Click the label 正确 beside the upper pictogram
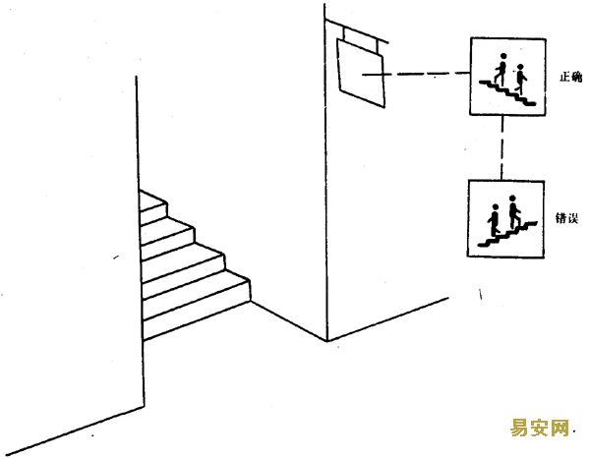coord(570,77)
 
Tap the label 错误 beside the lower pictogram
coord(566,218)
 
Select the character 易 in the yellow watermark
coord(519,428)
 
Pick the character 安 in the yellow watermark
coord(539,428)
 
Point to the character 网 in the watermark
coord(559,428)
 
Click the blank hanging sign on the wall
coord(361,74)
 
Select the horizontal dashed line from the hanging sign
coord(416,74)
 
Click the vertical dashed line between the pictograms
coord(501,147)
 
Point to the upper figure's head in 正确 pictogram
coord(503,56)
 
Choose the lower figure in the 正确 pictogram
coord(520,80)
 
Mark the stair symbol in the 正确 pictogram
coord(507,92)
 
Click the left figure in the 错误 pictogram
coord(495,220)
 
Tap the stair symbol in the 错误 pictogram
coord(507,234)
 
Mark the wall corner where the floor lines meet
coord(327,340)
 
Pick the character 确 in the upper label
coord(577,77)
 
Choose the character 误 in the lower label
coord(572,218)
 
